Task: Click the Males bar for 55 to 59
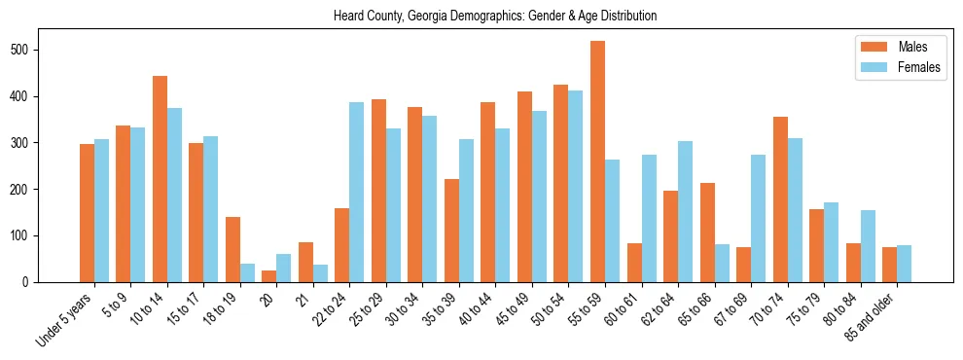[597, 162]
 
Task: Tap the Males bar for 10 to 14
[160, 179]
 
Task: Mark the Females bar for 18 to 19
[247, 272]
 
